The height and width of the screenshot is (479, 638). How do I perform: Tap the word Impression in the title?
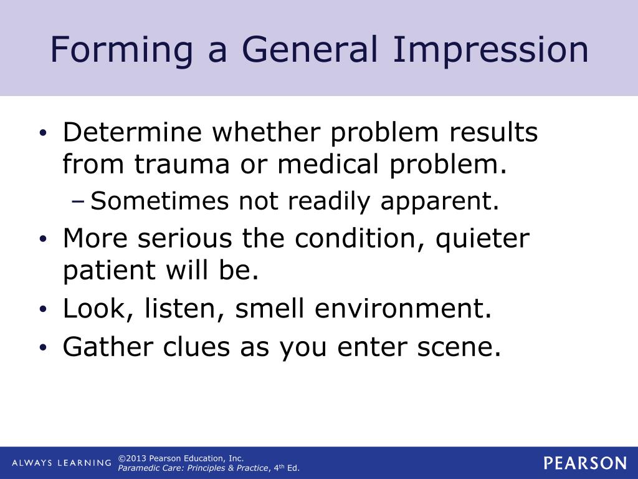tap(490, 51)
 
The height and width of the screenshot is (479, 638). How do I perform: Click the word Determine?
tap(131, 133)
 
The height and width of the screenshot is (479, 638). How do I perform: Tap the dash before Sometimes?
tap(79, 201)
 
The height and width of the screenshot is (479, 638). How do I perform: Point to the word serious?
tap(194, 239)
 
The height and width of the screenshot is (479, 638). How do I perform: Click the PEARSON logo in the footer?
tap(584, 463)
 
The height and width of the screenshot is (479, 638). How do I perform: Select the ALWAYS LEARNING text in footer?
tap(61, 463)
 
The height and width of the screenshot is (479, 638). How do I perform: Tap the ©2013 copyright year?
tap(133, 458)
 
